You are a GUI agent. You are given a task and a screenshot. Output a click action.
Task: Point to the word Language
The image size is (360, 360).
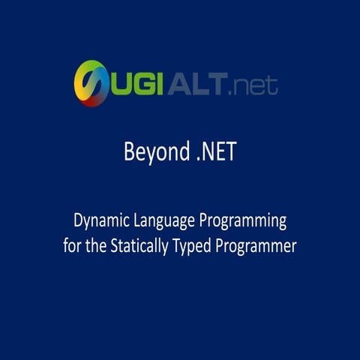166,222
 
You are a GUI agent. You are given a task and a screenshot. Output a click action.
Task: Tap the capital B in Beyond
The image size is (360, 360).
129,153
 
